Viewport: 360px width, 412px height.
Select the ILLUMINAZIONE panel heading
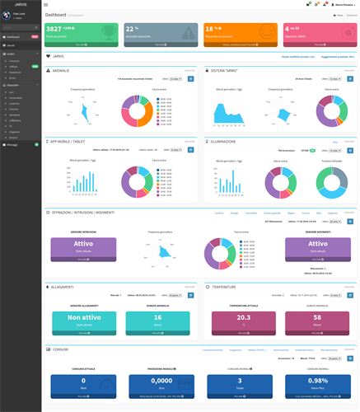click(x=225, y=141)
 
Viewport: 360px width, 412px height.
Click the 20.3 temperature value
click(x=243, y=318)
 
